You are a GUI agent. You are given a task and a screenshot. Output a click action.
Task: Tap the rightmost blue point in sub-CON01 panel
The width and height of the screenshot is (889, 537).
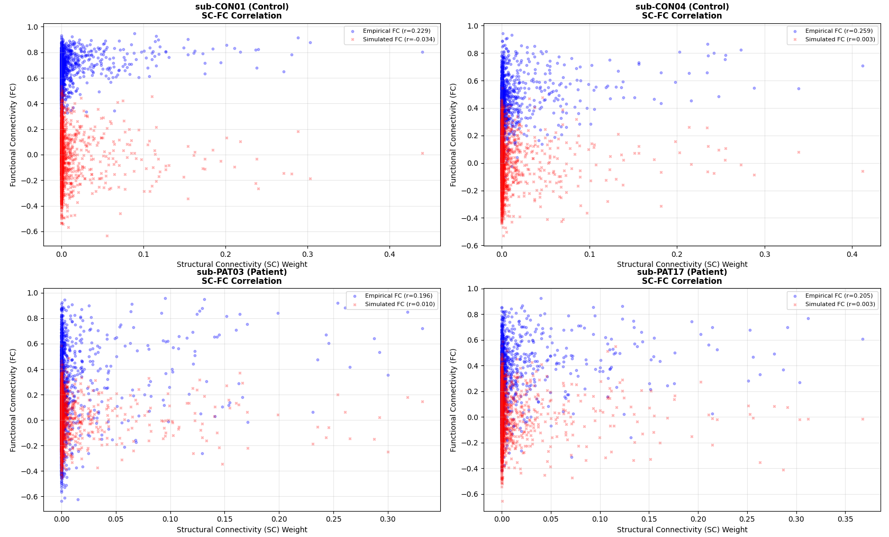coord(422,52)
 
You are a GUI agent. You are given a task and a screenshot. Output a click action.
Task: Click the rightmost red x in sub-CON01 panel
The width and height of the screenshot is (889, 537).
coord(422,154)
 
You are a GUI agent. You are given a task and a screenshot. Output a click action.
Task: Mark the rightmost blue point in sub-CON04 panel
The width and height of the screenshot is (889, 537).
coord(862,66)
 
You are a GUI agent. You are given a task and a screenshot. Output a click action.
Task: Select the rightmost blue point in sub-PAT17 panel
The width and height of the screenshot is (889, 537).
coord(862,339)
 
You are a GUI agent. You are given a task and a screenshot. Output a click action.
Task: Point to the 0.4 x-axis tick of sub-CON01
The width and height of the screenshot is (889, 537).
coord(389,254)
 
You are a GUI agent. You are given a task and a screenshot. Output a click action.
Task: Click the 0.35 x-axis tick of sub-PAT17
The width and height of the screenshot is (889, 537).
coord(845,520)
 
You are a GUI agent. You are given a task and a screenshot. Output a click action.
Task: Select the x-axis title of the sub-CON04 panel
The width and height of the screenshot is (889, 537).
coord(682,264)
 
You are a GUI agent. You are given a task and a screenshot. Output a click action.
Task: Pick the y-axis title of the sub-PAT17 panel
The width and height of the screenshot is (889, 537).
coord(453,400)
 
